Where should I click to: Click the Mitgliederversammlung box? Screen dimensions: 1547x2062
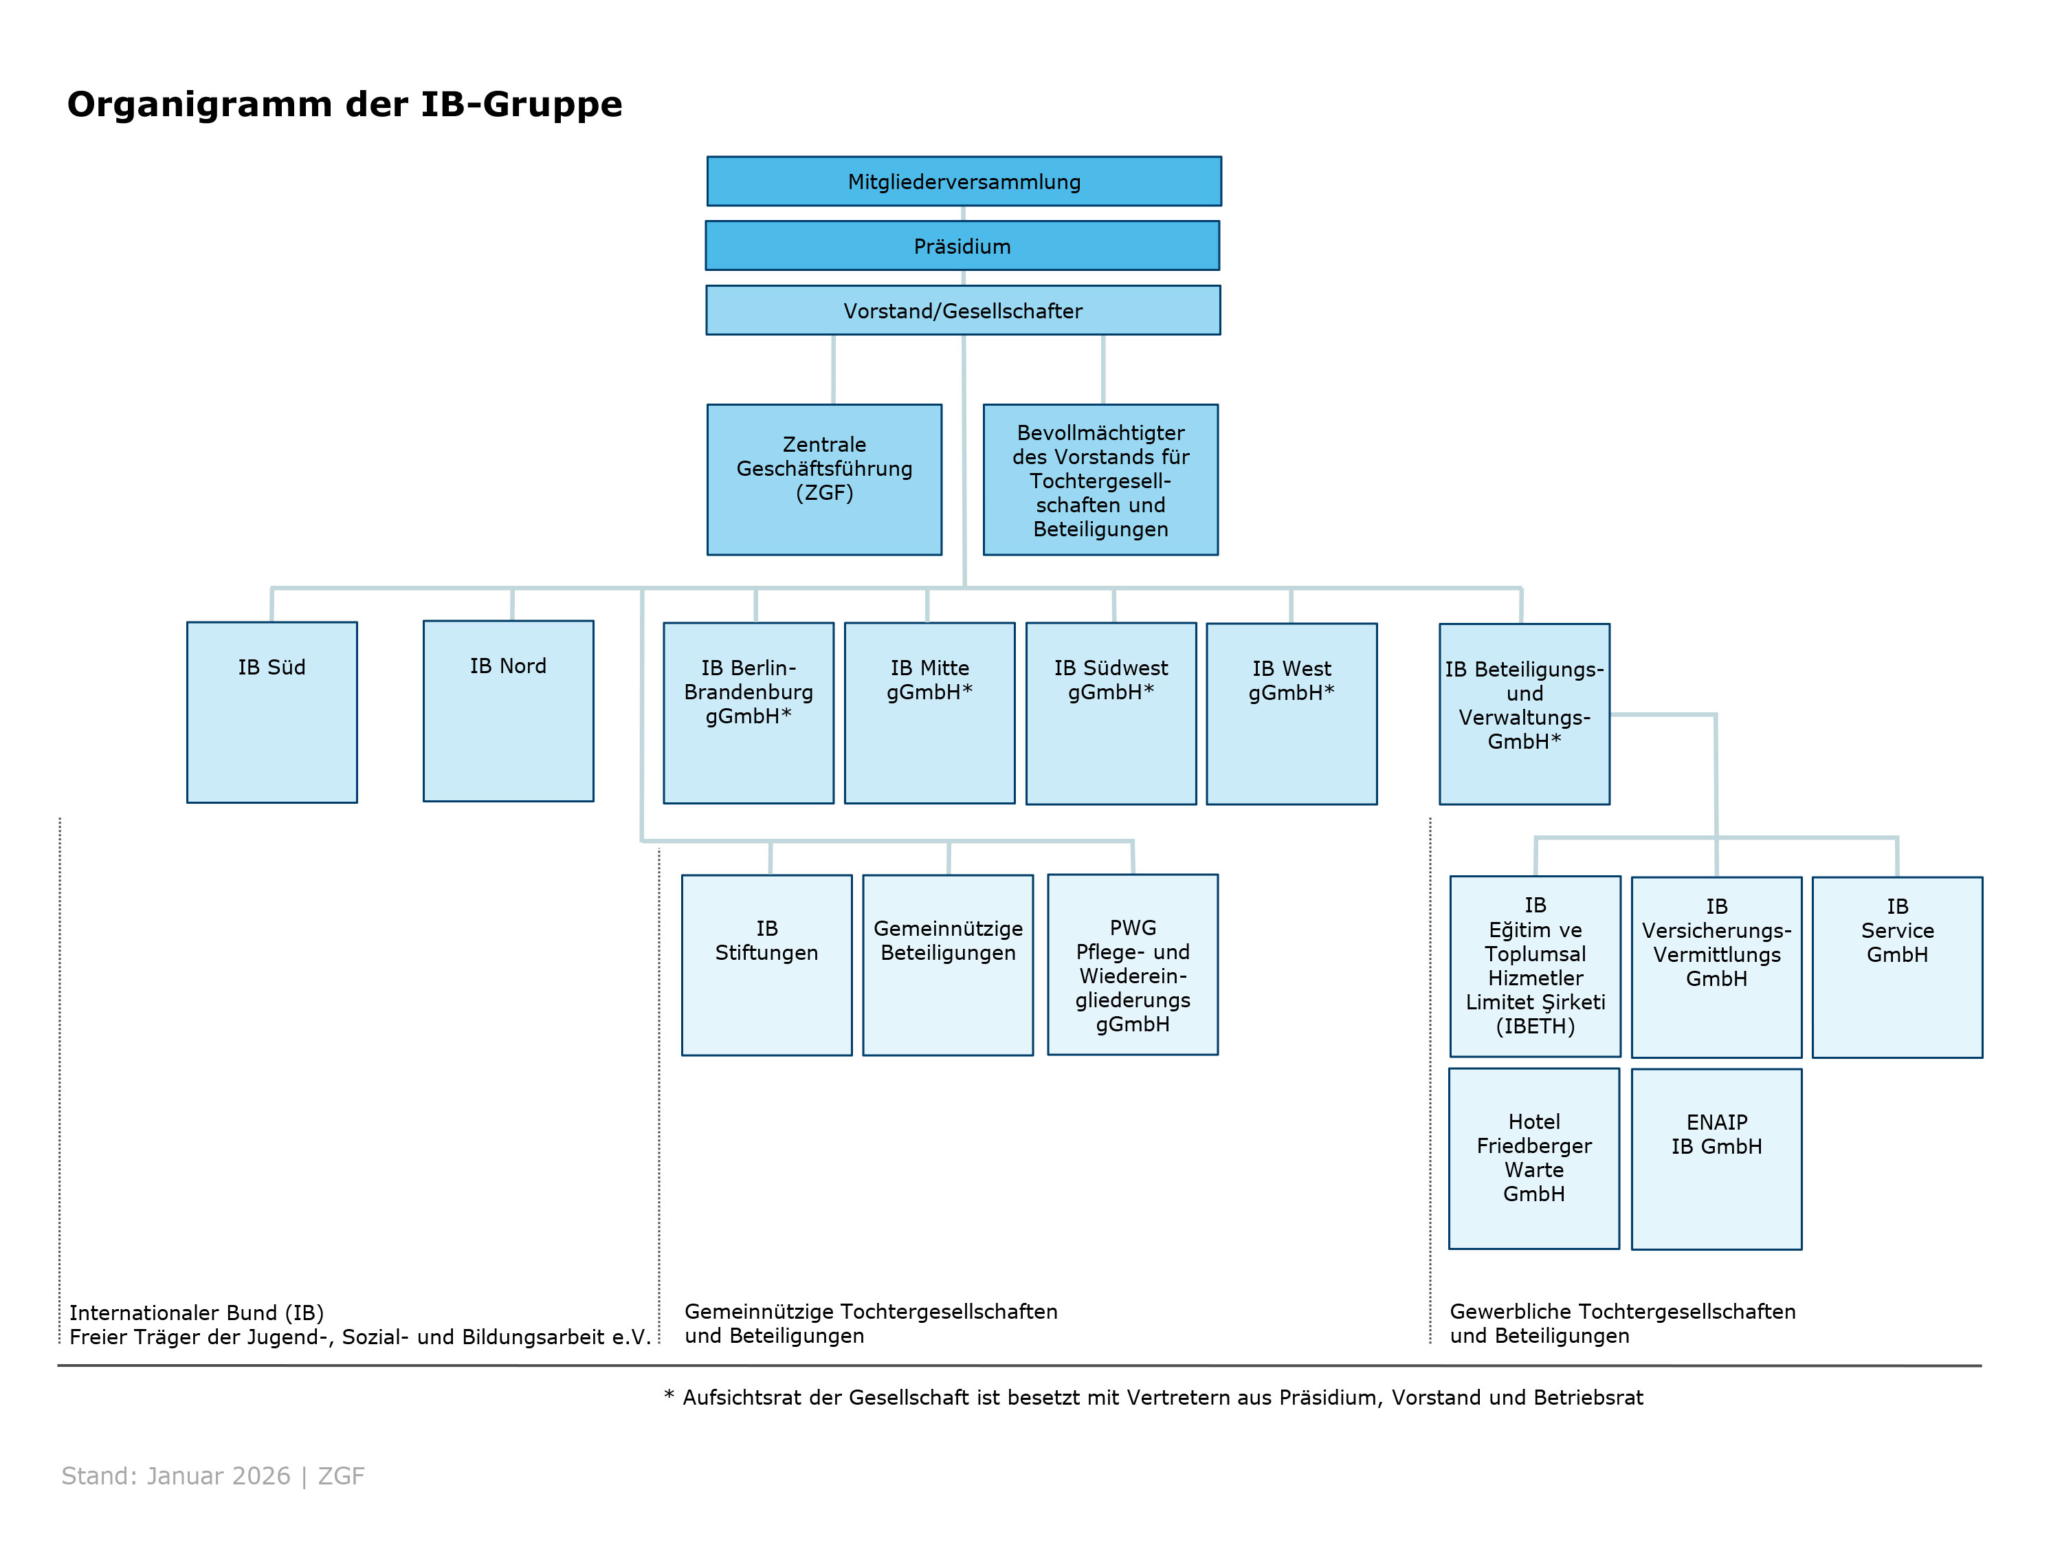tap(964, 182)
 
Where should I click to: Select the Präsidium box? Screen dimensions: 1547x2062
tap(962, 246)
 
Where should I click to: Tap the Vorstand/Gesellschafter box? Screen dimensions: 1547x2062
tap(963, 311)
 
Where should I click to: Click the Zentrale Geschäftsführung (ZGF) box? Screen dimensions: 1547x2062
tap(824, 479)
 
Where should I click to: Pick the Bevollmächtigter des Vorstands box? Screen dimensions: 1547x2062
tap(1100, 480)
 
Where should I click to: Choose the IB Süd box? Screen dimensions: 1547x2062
tap(271, 712)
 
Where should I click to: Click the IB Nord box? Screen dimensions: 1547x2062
tap(508, 710)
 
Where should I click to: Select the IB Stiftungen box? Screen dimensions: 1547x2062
tap(766, 965)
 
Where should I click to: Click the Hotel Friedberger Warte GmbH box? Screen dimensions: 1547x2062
tap(1533, 1158)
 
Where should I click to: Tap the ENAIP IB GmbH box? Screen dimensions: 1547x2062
tap(1716, 1159)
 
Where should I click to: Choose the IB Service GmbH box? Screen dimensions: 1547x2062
tap(1897, 967)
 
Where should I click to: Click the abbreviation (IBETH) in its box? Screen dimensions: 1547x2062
tap(1536, 1027)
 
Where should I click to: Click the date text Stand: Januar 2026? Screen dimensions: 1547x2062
tap(176, 1476)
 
